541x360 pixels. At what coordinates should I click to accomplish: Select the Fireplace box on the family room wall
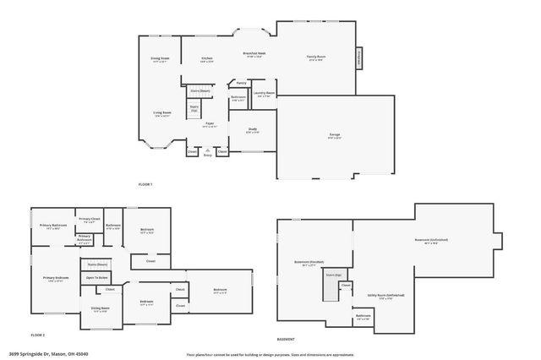point(359,57)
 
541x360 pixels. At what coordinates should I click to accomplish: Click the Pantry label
point(241,83)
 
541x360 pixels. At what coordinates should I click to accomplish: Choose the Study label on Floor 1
point(252,131)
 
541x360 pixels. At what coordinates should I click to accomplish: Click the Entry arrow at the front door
point(208,151)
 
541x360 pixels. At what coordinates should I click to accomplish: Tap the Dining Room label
point(160,59)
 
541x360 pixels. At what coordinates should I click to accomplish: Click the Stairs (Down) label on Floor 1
point(199,90)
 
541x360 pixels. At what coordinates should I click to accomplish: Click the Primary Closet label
point(87,220)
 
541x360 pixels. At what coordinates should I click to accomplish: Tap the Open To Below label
point(96,277)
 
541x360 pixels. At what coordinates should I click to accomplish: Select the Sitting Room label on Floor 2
point(101,309)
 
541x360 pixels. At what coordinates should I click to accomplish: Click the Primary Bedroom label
point(56,278)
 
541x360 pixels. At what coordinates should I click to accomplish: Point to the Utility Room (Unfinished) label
point(385,295)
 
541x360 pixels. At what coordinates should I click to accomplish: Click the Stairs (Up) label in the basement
point(331,275)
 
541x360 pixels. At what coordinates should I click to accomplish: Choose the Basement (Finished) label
point(309,262)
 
